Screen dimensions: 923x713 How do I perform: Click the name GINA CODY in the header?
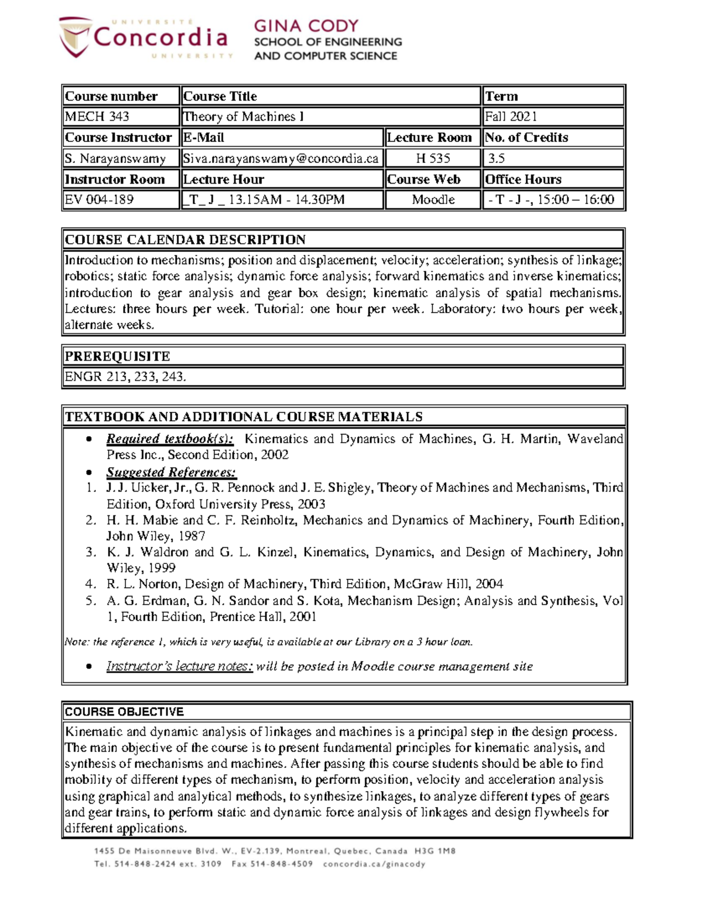coord(306,26)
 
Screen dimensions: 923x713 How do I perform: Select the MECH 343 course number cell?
coord(97,116)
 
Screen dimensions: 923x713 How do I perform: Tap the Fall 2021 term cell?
coord(511,116)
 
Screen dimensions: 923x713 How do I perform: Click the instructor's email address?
coord(280,159)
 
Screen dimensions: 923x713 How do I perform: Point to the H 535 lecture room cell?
coord(433,159)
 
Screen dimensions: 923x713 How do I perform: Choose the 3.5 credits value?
coord(497,159)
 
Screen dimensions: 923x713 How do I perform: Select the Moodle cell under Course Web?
coord(433,200)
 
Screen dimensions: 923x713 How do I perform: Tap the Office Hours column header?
coord(523,179)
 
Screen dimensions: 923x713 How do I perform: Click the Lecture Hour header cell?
coord(223,179)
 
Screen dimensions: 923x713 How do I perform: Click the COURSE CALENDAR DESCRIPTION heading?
coord(185,240)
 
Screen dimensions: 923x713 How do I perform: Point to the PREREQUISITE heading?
coord(117,356)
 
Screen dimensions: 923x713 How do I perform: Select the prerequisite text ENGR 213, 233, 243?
coord(125,376)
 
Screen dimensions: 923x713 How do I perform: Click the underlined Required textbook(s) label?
coord(170,439)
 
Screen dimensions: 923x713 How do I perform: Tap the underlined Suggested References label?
coord(171,472)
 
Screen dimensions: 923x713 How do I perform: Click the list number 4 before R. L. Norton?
coord(90,584)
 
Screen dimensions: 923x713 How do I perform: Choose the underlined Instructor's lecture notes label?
coord(179,666)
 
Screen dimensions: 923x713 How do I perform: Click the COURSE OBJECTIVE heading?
coord(124,711)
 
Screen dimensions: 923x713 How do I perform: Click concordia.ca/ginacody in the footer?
coord(374,864)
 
